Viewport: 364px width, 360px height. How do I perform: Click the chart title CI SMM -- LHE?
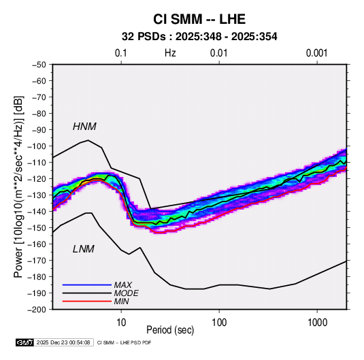click(x=199, y=19)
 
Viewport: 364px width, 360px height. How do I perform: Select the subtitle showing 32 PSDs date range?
click(x=199, y=37)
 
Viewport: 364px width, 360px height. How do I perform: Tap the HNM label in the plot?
click(x=84, y=127)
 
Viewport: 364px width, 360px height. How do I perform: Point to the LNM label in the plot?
click(x=83, y=249)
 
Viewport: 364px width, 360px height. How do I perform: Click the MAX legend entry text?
click(x=122, y=285)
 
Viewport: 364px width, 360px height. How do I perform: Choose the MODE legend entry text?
click(x=126, y=293)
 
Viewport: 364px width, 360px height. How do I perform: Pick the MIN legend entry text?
click(x=121, y=301)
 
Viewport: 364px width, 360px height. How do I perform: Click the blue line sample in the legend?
click(x=87, y=284)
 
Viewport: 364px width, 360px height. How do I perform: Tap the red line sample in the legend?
click(x=87, y=301)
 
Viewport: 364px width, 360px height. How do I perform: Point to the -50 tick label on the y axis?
click(x=39, y=65)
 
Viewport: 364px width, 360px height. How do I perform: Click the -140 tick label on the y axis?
click(x=37, y=212)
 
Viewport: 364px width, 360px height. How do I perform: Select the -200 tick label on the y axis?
click(x=37, y=310)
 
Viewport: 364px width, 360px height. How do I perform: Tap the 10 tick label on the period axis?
click(x=121, y=323)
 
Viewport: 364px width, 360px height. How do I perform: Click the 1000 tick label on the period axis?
click(x=317, y=323)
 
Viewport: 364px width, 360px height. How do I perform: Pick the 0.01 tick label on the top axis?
click(x=219, y=53)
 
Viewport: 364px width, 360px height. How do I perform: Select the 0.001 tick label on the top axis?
click(x=317, y=53)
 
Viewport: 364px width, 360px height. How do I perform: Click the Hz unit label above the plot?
click(x=170, y=53)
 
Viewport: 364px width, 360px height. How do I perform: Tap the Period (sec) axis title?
click(x=170, y=330)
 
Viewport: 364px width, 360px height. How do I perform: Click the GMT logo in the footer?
click(x=25, y=342)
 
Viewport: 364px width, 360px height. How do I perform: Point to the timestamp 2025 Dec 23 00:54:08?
click(x=63, y=342)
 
